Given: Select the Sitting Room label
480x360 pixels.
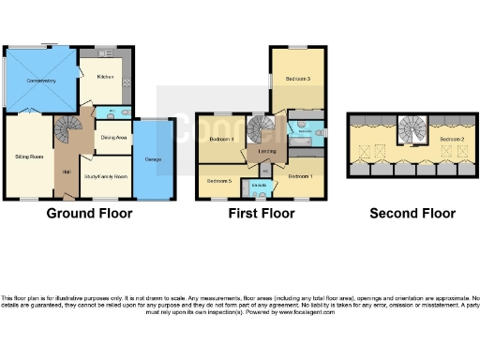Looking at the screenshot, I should (x=30, y=157).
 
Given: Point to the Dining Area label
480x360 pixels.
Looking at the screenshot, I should (x=113, y=137).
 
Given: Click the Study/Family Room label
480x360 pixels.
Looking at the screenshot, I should (x=106, y=175).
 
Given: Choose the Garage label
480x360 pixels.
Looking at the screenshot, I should (x=153, y=159).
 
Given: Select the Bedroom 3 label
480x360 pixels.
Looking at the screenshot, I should (x=298, y=80).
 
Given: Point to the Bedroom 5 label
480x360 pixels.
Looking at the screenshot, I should (x=218, y=179).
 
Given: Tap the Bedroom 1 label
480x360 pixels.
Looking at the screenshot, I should (x=301, y=175).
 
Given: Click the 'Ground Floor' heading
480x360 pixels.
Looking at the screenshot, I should (x=89, y=214).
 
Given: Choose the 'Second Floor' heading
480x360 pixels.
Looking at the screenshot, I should (x=412, y=214).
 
